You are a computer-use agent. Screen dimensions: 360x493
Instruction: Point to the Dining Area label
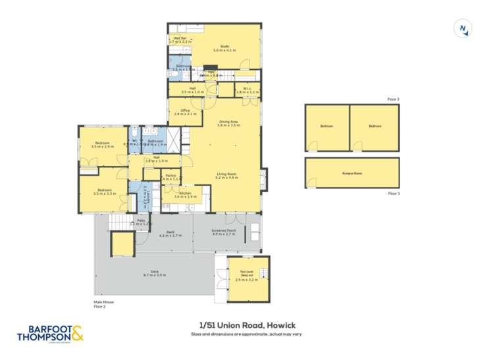(228, 123)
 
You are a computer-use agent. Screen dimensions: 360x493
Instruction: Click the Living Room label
(227, 176)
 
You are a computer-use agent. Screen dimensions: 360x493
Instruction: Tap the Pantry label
(170, 177)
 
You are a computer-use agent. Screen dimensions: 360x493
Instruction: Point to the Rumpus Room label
(352, 173)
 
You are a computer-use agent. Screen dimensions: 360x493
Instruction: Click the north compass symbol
(463, 29)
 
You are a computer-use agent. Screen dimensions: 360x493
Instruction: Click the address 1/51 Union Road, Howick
(246, 325)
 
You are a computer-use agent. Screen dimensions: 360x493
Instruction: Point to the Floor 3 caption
(393, 99)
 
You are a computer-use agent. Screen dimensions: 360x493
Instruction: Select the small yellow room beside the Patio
(122, 245)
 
